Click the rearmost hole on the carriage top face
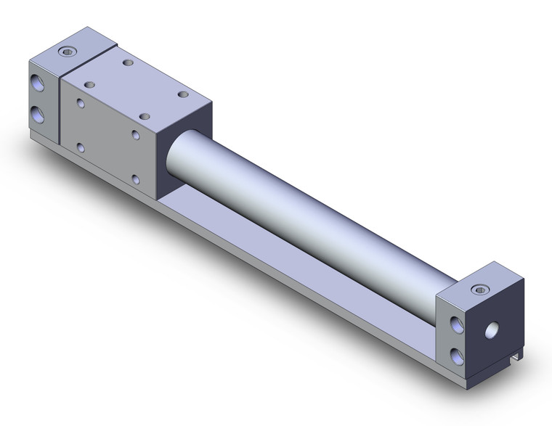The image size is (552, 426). [x=129, y=64]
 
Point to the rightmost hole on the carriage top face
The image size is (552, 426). [x=182, y=94]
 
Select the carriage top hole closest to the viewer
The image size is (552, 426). [x=145, y=116]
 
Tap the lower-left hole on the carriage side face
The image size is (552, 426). [x=81, y=148]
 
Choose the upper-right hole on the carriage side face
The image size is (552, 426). [x=136, y=134]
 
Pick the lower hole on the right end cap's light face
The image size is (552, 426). [x=456, y=355]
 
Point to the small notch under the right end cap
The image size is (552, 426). [x=516, y=377]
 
